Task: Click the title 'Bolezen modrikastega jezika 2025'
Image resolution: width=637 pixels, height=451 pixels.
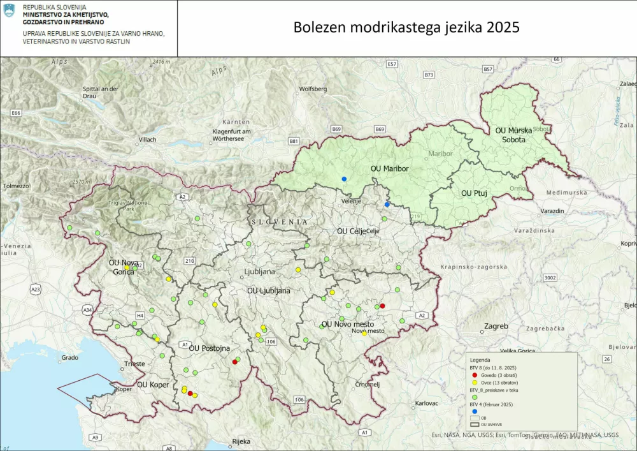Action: [x=406, y=28]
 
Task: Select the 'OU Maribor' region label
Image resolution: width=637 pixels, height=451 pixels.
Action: [x=389, y=168]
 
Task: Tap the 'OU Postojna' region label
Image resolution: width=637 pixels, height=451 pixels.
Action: [x=210, y=348]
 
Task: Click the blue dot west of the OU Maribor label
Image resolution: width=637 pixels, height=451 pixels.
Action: [x=344, y=179]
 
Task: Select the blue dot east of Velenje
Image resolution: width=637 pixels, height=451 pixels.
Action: [x=387, y=204]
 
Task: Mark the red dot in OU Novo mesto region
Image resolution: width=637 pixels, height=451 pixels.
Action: [x=382, y=306]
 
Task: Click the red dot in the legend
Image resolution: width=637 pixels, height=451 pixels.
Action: [x=475, y=375]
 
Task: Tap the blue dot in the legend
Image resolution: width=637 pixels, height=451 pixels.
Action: [x=475, y=411]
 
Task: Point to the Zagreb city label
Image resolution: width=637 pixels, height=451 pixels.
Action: [x=496, y=326]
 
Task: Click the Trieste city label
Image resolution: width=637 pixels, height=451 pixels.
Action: [x=134, y=364]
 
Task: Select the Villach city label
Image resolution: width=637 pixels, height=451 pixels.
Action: [x=147, y=139]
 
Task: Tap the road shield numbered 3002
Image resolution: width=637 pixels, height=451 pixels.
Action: [x=550, y=277]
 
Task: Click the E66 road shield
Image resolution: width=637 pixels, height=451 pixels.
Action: [x=16, y=113]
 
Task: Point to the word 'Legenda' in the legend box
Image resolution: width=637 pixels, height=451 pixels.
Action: [x=481, y=360]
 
